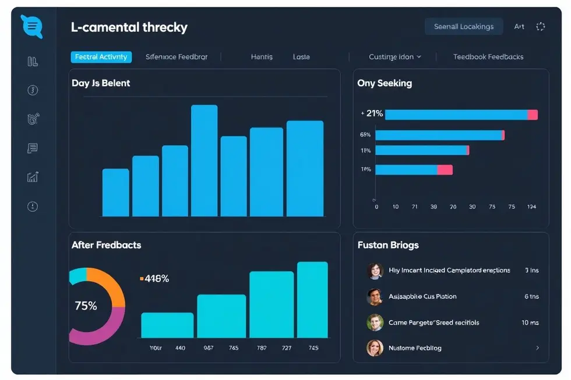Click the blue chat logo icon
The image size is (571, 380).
pos(31,26)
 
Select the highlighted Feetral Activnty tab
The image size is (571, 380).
pos(101,57)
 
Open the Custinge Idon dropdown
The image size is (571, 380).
pos(394,57)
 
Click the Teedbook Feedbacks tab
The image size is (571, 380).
pos(488,57)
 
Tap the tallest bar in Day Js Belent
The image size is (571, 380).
pos(204,161)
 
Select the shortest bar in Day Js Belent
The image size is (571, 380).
pos(115,193)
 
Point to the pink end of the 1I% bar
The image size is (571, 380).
pos(445,170)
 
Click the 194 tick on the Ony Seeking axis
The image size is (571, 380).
pos(531,207)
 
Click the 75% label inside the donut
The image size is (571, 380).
pos(86,306)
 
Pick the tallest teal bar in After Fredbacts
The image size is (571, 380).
pos(312,300)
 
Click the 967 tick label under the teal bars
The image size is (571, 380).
pos(208,348)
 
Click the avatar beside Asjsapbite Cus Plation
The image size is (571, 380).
pos(375,297)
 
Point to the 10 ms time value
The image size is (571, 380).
pos(530,322)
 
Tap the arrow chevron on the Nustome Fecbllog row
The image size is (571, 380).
pos(537,348)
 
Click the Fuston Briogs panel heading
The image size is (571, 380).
pos(387,245)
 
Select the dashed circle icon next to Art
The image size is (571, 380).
pos(540,26)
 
